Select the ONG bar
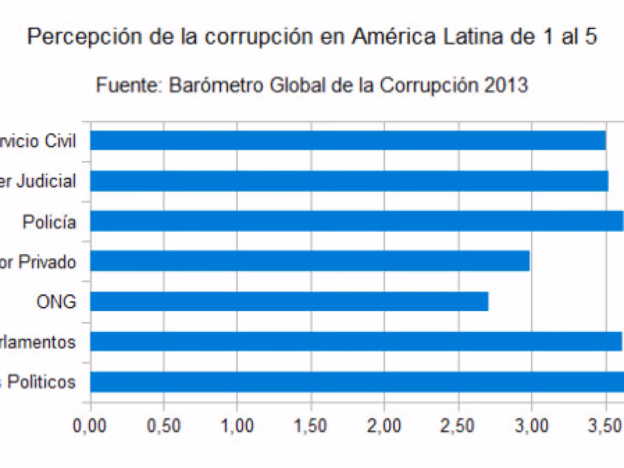click(289, 302)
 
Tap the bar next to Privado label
click(310, 261)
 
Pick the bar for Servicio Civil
click(348, 140)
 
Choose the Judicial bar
click(349, 181)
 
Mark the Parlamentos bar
click(356, 342)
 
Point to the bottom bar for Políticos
click(357, 382)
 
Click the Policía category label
click(49, 223)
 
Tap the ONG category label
click(56, 302)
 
